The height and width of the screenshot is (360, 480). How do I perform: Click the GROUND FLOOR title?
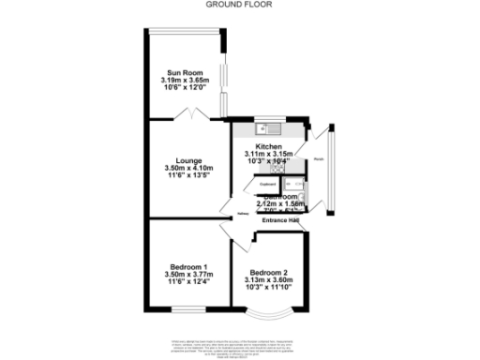tap(240, 4)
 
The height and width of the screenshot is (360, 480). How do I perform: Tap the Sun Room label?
tap(182, 72)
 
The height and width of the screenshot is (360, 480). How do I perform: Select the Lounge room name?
tap(183, 159)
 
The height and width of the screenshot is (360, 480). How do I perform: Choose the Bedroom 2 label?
tap(268, 272)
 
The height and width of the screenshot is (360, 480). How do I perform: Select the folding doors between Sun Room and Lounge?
tap(191, 114)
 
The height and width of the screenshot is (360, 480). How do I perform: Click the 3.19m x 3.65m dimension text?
tap(182, 82)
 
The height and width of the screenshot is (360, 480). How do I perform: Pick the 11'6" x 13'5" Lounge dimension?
tap(183, 176)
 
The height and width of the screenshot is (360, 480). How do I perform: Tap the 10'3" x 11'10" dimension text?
tap(268, 288)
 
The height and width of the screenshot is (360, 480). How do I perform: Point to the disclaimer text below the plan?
tap(240, 344)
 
